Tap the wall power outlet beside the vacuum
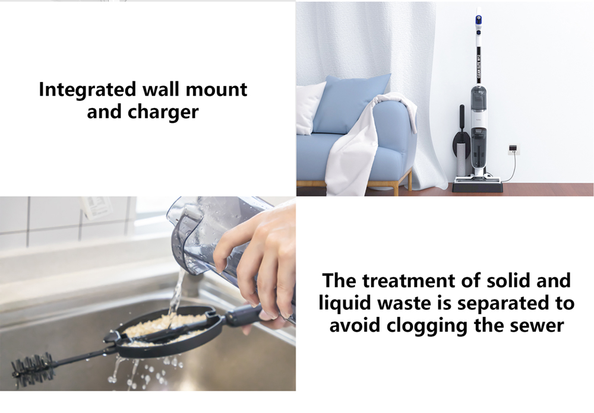pyautogui.click(x=513, y=148)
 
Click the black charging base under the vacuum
pyautogui.click(x=477, y=187)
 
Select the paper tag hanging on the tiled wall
pyautogui.click(x=95, y=208)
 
